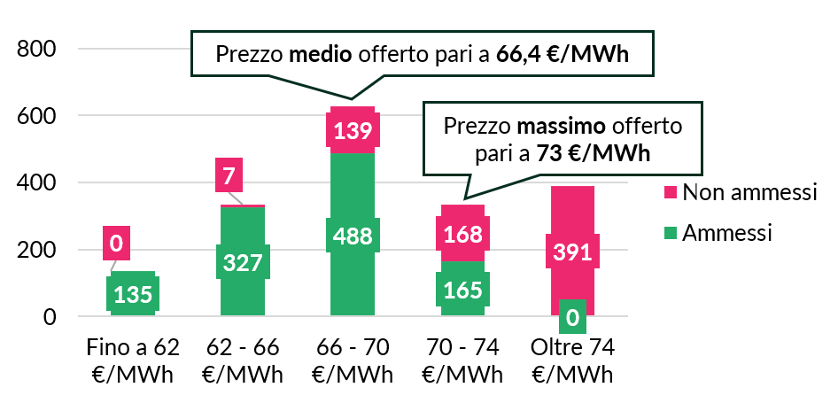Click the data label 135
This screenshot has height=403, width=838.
click(133, 294)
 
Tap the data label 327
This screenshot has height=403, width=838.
click(243, 265)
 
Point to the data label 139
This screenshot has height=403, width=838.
click(353, 132)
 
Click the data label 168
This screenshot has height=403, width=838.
click(462, 234)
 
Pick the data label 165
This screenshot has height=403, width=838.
click(462, 291)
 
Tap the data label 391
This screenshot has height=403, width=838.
click(572, 252)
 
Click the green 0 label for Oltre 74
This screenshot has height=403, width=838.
click(572, 316)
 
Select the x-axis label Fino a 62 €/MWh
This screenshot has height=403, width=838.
click(132, 359)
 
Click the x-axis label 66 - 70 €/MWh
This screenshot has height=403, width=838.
click(353, 359)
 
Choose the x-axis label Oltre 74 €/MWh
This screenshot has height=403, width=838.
click(572, 359)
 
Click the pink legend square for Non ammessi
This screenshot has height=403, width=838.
click(671, 192)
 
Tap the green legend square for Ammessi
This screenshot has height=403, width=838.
click(671, 233)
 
